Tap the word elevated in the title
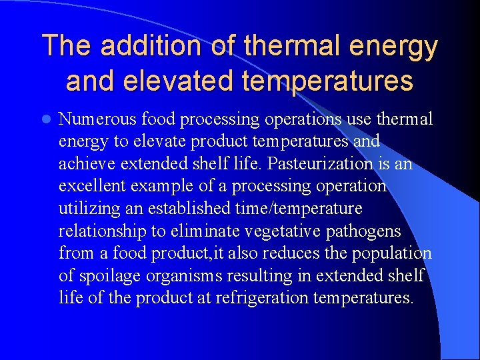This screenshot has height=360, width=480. click(x=159, y=81)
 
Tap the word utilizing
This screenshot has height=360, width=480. click(x=89, y=209)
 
